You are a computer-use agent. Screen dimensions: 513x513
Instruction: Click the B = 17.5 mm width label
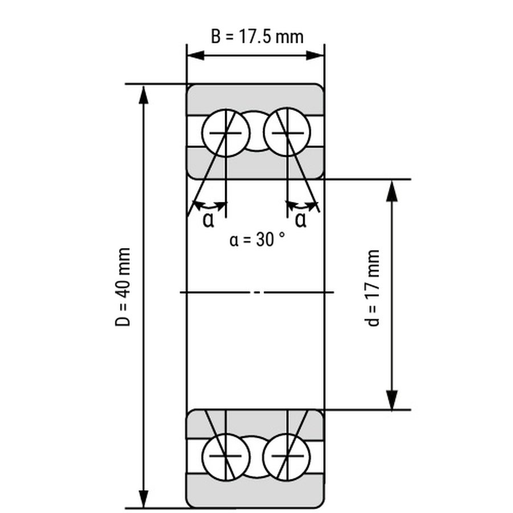[257, 36]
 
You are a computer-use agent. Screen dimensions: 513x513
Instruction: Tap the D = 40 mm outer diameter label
[123, 287]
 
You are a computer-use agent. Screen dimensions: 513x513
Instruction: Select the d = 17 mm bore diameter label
[372, 288]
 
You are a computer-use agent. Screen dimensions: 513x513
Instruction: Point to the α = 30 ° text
[257, 239]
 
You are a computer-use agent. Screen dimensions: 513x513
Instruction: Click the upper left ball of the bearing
[226, 133]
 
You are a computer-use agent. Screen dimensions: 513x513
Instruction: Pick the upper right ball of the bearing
[287, 132]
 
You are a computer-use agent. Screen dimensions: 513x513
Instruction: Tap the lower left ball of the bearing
[226, 457]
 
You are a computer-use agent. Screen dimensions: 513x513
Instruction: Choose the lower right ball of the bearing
[287, 457]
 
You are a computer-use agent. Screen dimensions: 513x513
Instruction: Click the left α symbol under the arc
[209, 220]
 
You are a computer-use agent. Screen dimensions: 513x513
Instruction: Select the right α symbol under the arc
[300, 220]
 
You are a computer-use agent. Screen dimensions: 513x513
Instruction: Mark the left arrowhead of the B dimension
[196, 55]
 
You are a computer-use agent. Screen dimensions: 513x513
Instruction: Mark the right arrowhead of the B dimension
[315, 55]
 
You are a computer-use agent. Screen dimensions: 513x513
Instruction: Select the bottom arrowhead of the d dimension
[392, 400]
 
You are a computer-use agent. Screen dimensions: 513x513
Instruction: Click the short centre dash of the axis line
[257, 292]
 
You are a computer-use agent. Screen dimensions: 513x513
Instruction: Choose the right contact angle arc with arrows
[302, 205]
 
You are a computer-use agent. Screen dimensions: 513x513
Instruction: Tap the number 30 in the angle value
[264, 239]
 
